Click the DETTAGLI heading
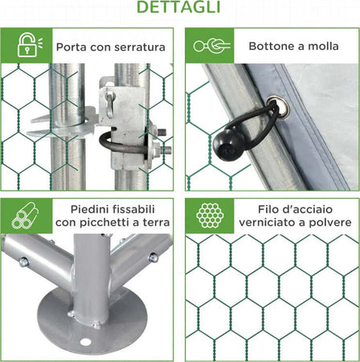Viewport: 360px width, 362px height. click(x=178, y=6)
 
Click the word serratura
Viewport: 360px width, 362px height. click(x=140, y=47)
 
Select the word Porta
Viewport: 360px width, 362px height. click(x=72, y=47)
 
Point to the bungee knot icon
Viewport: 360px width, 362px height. click(x=211, y=46)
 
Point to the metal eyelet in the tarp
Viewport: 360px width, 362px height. click(x=278, y=107)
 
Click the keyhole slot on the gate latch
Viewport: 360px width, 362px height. click(x=110, y=105)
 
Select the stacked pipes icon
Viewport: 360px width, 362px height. click(x=25, y=216)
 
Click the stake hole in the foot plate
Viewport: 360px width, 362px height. click(x=85, y=342)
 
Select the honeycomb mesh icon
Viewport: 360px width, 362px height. click(x=210, y=215)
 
